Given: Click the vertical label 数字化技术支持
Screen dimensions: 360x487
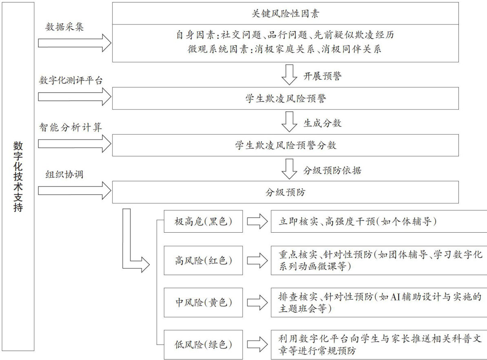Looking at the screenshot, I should coord(18,176).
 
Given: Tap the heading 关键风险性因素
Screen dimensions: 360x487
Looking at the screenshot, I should coord(285,14).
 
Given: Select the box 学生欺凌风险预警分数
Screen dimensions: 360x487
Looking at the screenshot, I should coord(285,145).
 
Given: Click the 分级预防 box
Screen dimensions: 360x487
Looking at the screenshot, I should coord(285,192).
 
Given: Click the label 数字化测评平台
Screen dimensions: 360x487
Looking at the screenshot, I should coord(71,80).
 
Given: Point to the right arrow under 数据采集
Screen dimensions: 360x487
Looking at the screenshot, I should coord(75,42).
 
